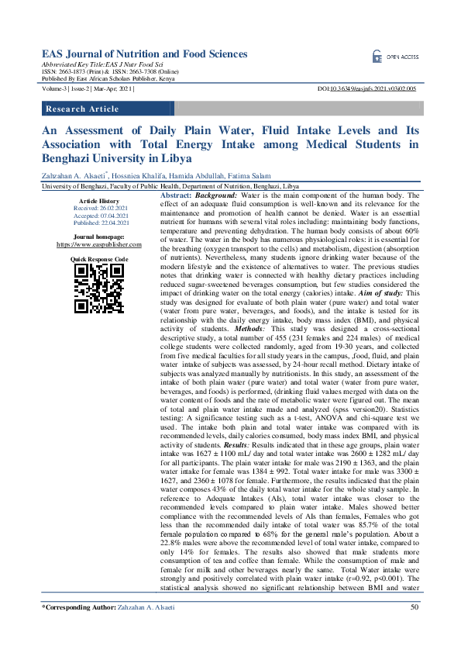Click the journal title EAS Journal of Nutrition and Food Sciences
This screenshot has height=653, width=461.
point(144,54)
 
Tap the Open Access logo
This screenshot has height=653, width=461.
point(395,57)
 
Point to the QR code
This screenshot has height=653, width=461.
point(98,288)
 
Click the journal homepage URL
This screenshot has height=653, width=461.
point(98,243)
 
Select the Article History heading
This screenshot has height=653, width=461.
point(98,201)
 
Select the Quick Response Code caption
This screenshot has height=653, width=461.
point(98,258)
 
